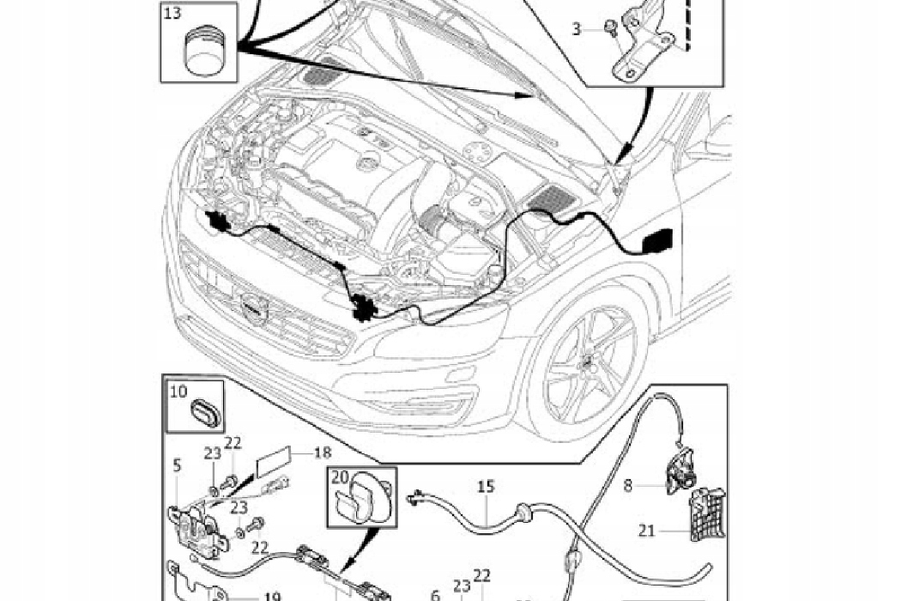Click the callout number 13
point(172,14)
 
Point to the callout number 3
point(577,29)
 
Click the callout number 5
point(176,465)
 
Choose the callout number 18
point(323,452)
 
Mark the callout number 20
point(340,478)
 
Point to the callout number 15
point(486,487)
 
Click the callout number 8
point(629,485)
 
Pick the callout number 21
point(646,531)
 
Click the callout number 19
point(273,595)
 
